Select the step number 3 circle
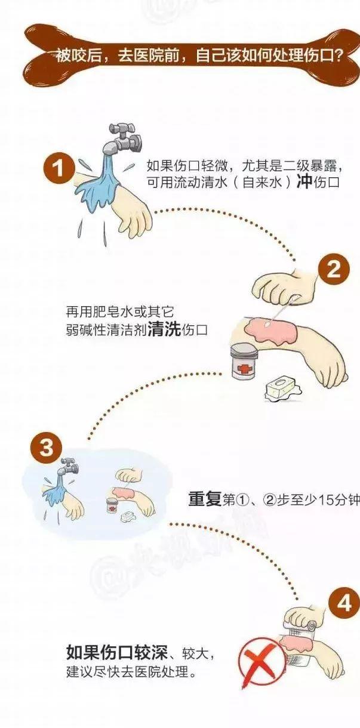[x=46, y=448]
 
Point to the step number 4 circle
[x=344, y=604]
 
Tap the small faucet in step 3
[x=68, y=467]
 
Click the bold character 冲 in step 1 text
[x=304, y=183]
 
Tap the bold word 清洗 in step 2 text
[x=164, y=330]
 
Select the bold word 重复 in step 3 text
[x=205, y=499]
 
